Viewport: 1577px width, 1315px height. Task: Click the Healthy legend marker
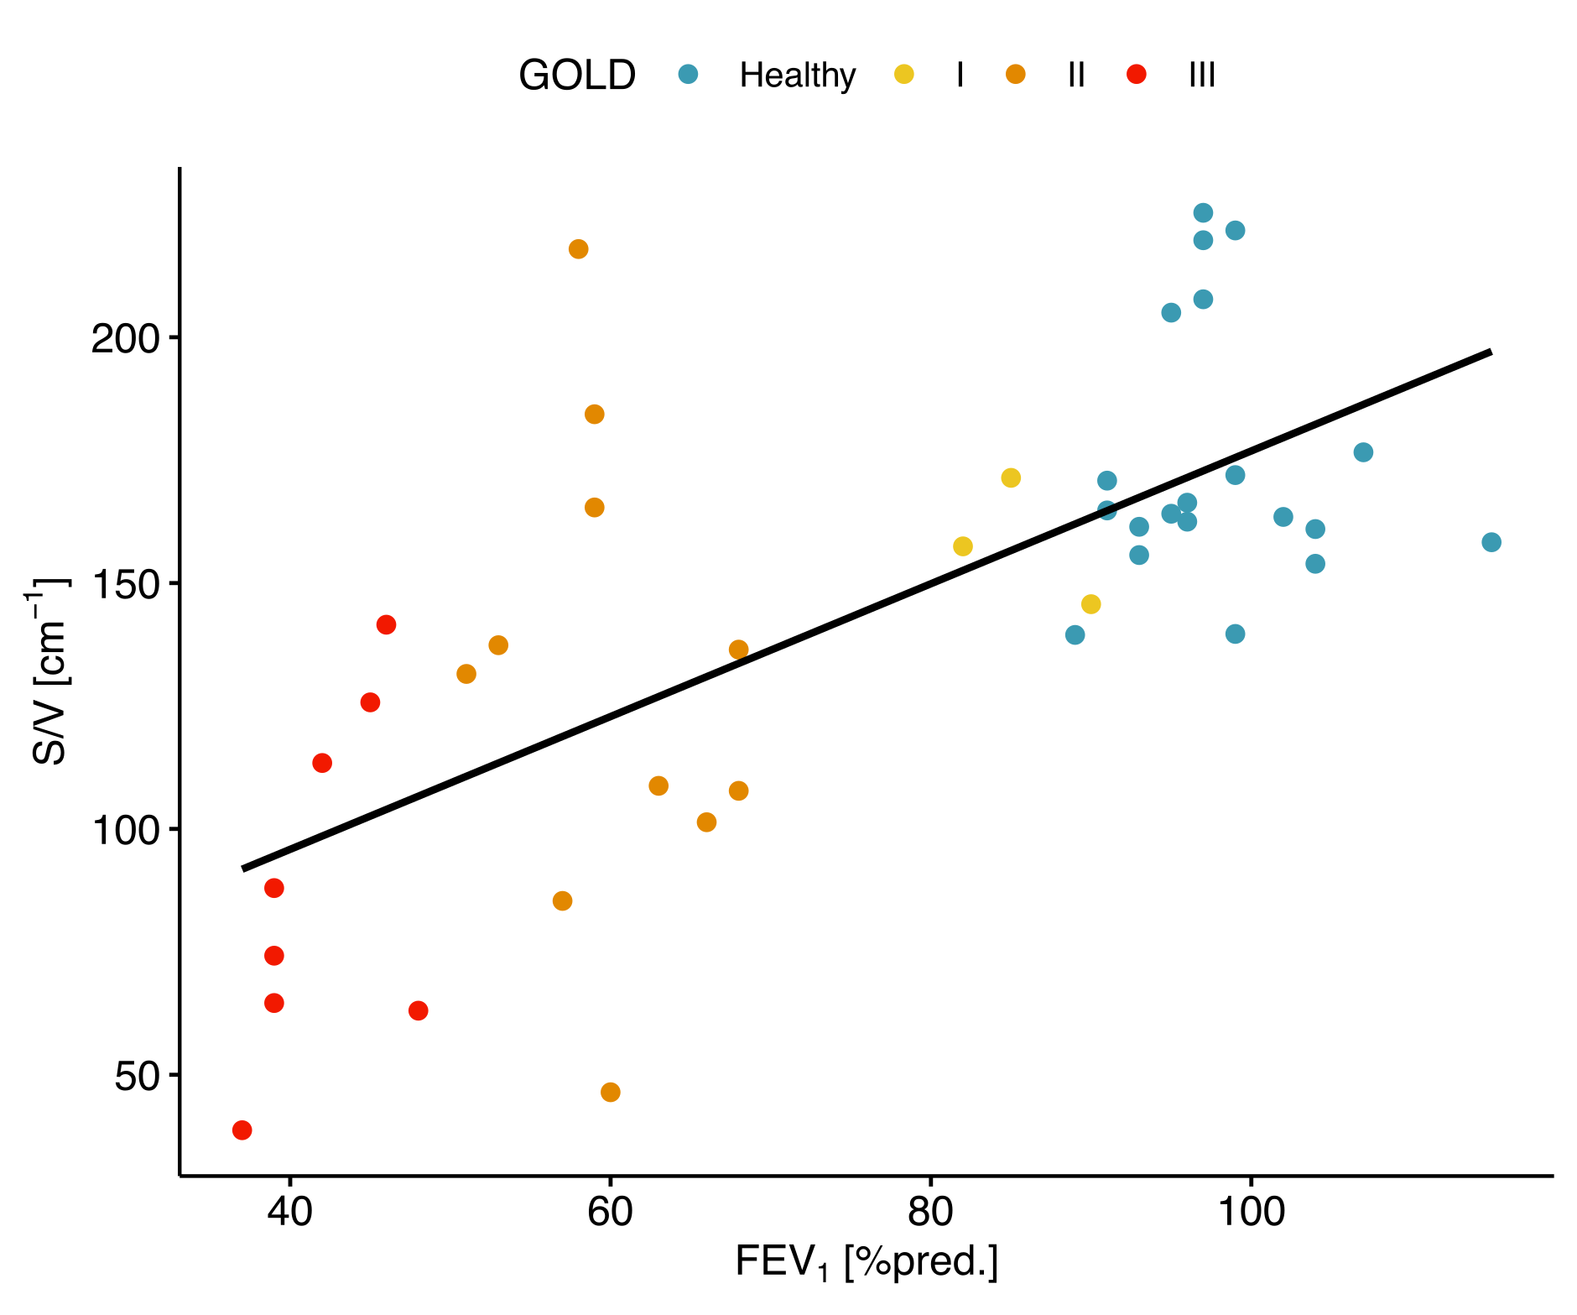click(x=688, y=75)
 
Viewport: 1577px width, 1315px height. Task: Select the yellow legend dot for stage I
click(x=903, y=75)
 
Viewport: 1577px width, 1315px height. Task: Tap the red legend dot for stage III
click(x=1136, y=75)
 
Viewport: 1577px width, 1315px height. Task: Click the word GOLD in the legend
click(x=577, y=76)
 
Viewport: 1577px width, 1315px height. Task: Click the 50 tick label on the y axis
click(x=138, y=1076)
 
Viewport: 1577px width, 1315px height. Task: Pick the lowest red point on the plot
click(x=242, y=1130)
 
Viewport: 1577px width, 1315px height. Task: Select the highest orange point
click(x=578, y=249)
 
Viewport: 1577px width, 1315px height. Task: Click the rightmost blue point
click(x=1491, y=542)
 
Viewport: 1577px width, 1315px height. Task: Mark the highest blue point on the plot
click(x=1203, y=213)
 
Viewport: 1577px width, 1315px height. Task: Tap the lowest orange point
click(x=610, y=1092)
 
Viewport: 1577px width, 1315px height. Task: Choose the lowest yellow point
click(x=1090, y=604)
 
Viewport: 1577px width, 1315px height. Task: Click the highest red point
click(x=386, y=624)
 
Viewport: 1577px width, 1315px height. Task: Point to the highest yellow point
click(x=1011, y=477)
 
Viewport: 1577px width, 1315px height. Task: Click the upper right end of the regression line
click(x=1489, y=352)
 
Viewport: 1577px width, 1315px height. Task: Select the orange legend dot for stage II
click(x=1016, y=75)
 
